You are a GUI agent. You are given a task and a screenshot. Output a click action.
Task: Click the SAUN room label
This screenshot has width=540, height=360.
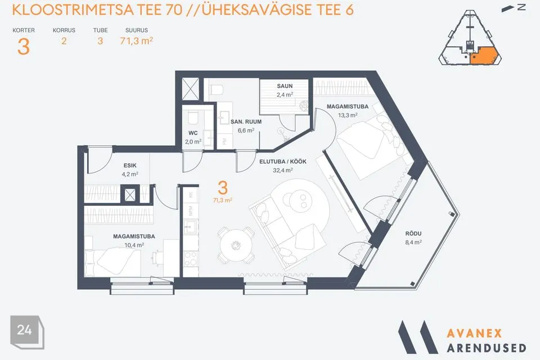pos(285,86)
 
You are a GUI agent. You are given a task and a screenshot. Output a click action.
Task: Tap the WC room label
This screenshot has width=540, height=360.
pos(193,133)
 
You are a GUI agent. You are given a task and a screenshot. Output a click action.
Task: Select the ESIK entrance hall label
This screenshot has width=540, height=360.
pos(130,166)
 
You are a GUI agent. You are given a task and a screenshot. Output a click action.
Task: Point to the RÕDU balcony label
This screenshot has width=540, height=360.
pos(413,234)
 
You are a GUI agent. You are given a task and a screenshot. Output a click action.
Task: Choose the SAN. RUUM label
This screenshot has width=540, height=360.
pos(246,121)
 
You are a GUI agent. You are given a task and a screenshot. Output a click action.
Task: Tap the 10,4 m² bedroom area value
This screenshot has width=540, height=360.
pos(134,245)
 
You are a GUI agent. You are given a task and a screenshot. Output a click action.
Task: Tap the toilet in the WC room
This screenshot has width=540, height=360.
pos(193,118)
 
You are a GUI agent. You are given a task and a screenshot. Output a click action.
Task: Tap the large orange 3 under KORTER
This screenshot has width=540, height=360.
pos(23,47)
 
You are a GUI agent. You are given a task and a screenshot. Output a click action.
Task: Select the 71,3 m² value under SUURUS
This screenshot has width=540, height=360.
pos(137,41)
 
